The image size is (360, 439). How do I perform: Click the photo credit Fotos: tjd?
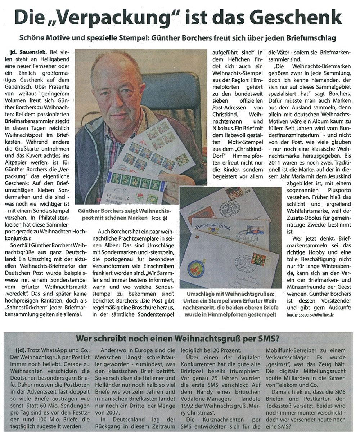tap(160, 218)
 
